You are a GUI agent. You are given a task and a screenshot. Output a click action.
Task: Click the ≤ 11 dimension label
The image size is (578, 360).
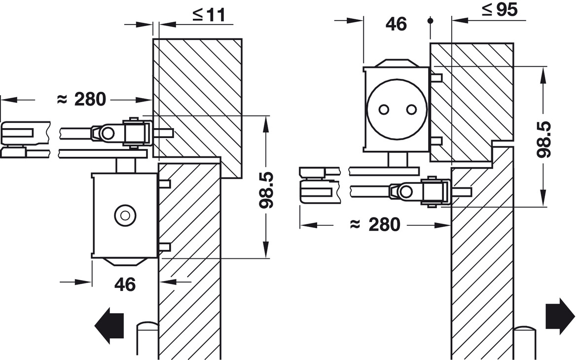208,15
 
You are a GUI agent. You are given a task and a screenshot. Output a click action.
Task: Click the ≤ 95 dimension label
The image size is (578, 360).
500,9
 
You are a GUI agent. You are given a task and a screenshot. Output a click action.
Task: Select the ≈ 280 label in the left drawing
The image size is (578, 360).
82,100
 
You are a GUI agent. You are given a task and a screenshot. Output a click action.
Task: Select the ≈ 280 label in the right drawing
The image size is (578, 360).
375,225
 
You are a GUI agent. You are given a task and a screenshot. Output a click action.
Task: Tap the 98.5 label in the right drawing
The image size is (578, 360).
544,139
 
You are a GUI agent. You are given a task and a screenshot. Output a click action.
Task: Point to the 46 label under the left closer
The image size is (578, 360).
125,284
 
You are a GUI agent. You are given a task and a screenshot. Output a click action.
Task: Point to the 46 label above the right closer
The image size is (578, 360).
396,24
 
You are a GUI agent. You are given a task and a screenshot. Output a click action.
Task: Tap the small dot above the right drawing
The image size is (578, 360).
431,21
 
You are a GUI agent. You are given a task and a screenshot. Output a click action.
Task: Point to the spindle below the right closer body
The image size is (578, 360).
397,160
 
